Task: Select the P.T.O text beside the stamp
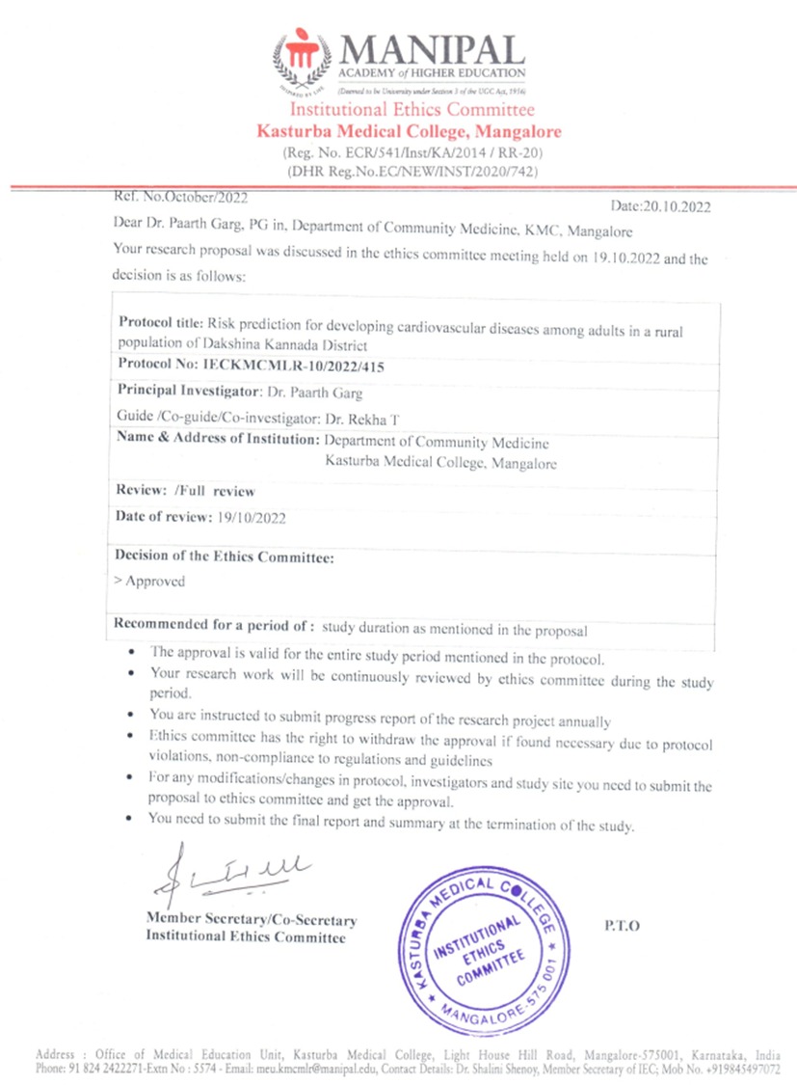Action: click(623, 925)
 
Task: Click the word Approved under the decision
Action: click(154, 582)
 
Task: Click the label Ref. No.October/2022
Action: click(181, 197)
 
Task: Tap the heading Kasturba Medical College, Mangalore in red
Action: click(409, 131)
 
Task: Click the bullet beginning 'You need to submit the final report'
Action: click(390, 826)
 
